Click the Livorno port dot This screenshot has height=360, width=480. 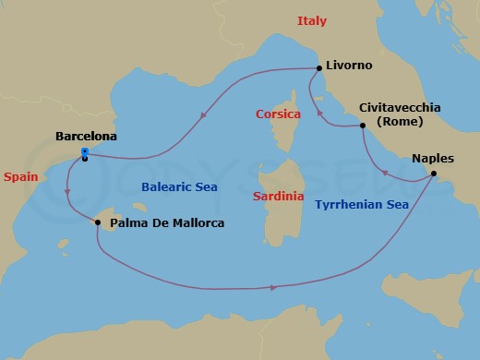[318, 67]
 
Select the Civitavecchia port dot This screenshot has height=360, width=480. [363, 125]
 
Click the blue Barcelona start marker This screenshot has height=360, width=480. [85, 153]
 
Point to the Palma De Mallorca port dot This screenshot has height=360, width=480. [97, 222]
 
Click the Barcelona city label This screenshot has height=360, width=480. [86, 136]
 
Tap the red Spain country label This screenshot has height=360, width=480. [20, 174]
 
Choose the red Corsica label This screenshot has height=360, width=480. [279, 114]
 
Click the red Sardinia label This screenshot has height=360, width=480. [280, 196]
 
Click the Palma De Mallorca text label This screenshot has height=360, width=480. [166, 222]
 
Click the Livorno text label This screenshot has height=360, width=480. [350, 67]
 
